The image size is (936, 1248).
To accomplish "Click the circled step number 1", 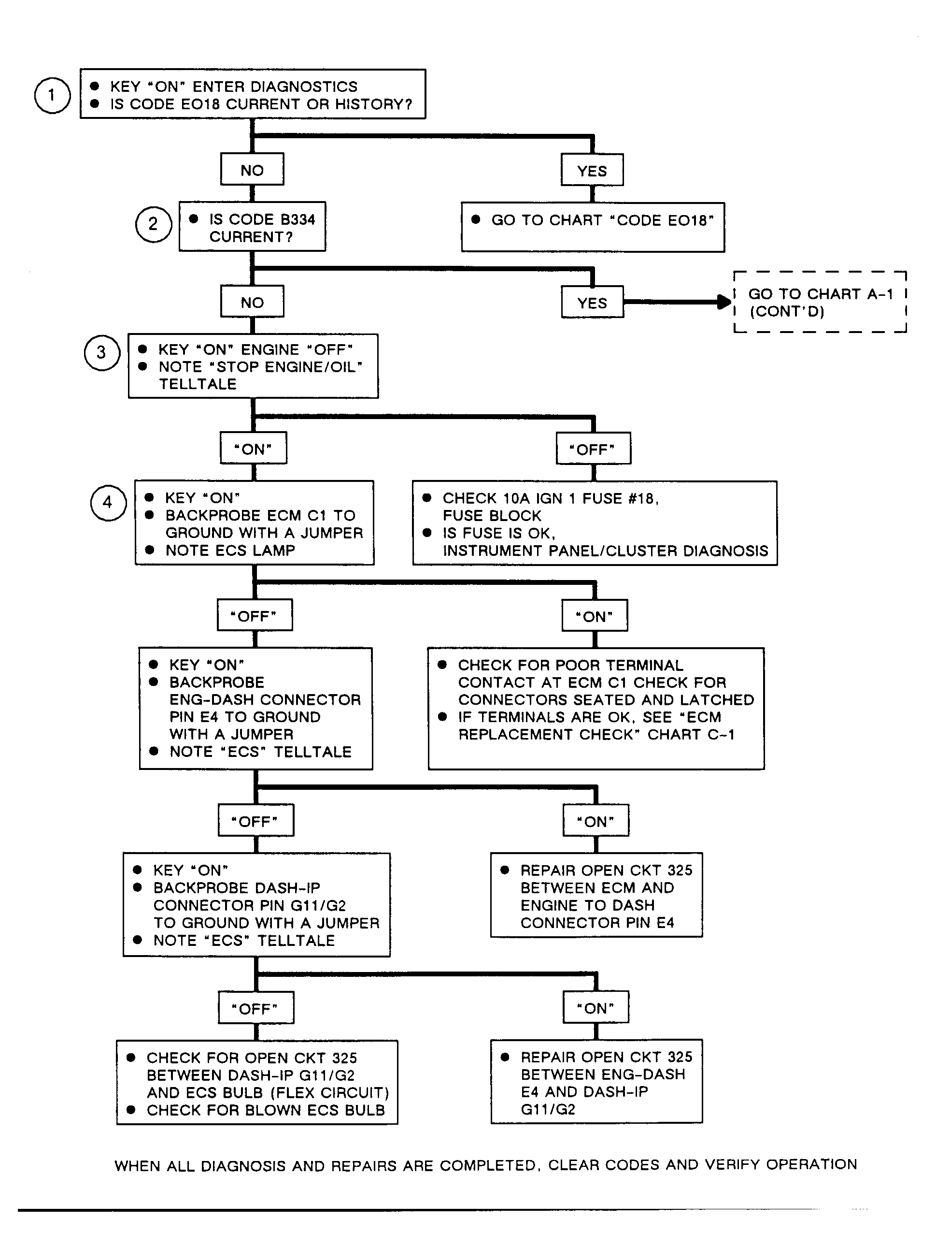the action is click(x=53, y=95).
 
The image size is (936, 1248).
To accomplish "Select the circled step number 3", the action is click(x=102, y=353).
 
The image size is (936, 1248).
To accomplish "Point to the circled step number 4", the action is click(x=108, y=503).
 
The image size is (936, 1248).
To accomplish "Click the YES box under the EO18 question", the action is click(x=592, y=170).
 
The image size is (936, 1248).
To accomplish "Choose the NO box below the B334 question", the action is click(x=252, y=302).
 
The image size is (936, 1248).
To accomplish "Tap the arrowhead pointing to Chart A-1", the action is click(x=724, y=302).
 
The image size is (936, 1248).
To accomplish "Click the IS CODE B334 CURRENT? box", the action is click(x=252, y=226).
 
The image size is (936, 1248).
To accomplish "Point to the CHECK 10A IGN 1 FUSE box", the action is click(x=595, y=523).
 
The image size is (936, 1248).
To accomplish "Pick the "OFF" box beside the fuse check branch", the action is click(x=593, y=449).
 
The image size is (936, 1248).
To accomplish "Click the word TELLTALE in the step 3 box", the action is click(x=198, y=384).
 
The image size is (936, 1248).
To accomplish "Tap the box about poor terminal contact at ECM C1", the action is click(x=596, y=709).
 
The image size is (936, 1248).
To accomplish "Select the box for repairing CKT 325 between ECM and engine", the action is click(x=596, y=895).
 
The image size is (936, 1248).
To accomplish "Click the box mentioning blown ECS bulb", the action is click(x=257, y=1082).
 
